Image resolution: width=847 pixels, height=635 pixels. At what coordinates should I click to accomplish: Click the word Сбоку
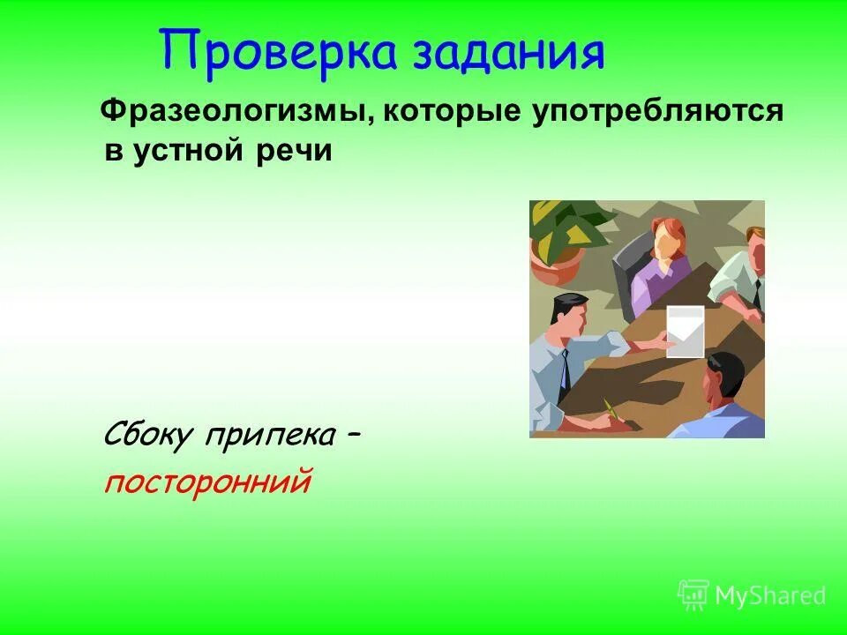point(151,436)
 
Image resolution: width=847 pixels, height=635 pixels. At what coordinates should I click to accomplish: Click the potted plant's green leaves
point(565,225)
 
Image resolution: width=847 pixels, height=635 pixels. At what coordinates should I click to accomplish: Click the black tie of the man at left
point(565,370)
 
